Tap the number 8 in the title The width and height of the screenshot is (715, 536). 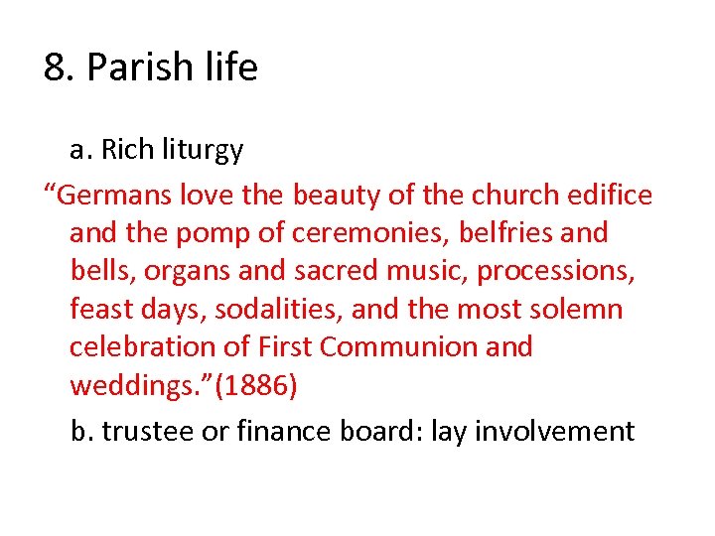[x=55, y=67]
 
